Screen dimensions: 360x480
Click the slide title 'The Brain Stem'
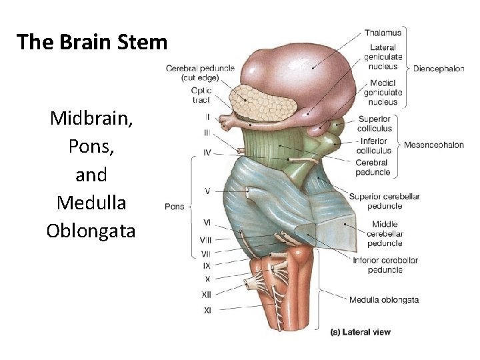[92, 42]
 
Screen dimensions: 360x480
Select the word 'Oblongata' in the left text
[91, 231]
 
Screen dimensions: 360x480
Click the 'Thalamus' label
[383, 32]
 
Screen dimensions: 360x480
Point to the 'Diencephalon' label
[438, 68]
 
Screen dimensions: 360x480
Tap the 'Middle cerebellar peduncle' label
[385, 234]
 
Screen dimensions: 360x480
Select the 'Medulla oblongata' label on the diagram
[384, 300]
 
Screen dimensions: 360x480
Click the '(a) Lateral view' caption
[361, 332]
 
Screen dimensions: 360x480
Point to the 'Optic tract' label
[201, 95]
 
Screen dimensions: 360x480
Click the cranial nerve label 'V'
[207, 191]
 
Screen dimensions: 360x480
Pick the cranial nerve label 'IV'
[207, 153]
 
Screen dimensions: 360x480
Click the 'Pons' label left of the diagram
[174, 207]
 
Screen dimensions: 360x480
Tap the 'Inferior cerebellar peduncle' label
[385, 265]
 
